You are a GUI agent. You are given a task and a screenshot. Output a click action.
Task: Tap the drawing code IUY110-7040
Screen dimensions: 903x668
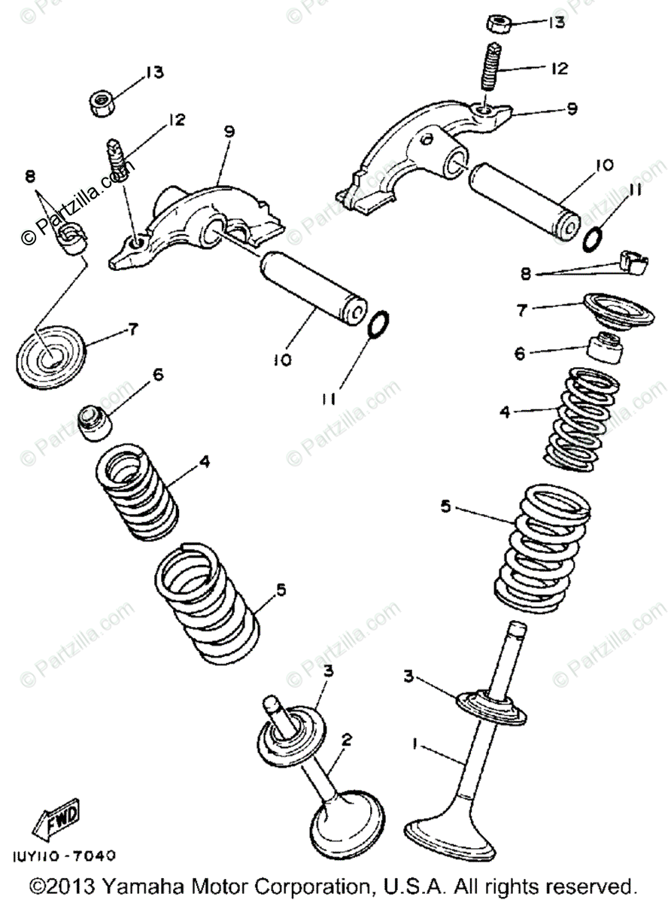click(65, 856)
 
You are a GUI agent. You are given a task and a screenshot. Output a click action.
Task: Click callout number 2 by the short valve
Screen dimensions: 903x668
click(347, 740)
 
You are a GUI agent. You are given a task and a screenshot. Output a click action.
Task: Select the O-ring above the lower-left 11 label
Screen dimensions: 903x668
click(378, 324)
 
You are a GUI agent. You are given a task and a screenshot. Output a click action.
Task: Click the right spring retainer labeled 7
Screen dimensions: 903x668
click(615, 308)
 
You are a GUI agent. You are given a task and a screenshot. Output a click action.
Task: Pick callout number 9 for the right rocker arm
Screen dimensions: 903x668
click(572, 108)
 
